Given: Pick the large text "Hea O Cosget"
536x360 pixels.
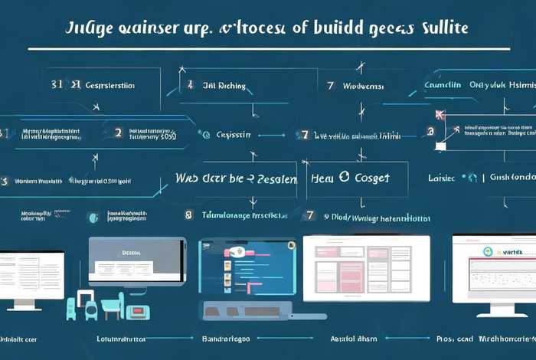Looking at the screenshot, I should click(x=351, y=178).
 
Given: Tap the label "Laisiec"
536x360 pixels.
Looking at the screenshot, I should click(x=443, y=178).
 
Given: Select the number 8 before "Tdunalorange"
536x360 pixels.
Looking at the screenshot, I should click(x=188, y=216).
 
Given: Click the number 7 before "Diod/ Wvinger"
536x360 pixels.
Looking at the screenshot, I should click(x=310, y=216).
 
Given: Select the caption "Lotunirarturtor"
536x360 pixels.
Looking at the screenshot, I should click(x=123, y=338).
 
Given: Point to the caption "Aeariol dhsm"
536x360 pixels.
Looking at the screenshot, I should click(x=354, y=338).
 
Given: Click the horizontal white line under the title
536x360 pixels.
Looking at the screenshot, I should click(x=268, y=48).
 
